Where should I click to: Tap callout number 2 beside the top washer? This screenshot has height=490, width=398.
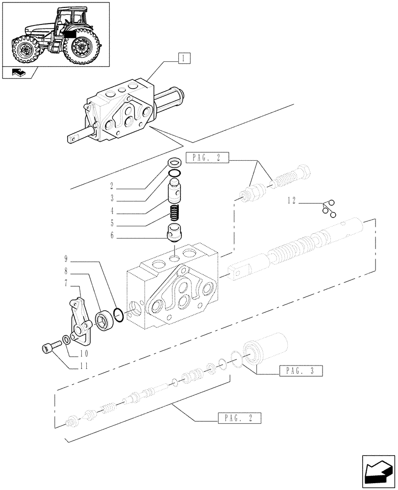point(112,186)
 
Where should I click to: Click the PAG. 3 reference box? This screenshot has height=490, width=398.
point(300,371)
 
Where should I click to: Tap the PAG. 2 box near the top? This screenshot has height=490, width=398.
point(207,158)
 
